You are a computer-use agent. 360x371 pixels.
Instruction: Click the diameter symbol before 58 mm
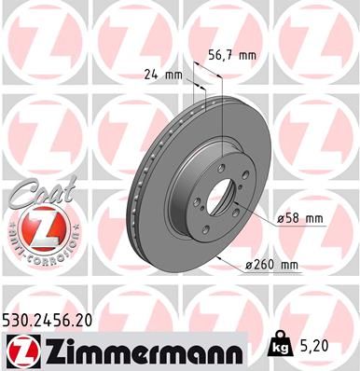[x=280, y=218]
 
